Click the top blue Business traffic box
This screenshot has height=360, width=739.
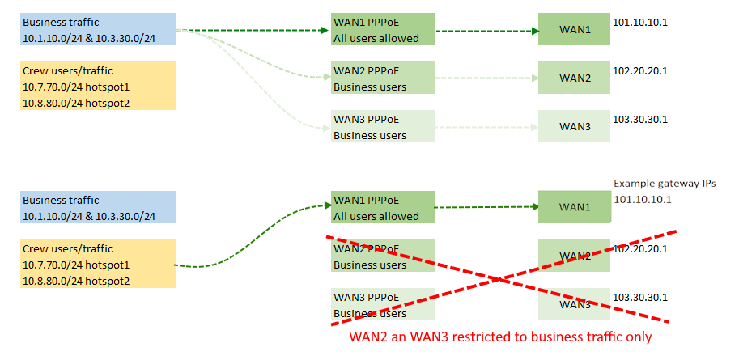coord(98,30)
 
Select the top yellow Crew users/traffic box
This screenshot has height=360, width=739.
coord(98,86)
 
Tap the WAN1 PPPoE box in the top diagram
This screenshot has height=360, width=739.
coord(383,30)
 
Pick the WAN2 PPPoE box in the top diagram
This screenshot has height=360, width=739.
coord(383,78)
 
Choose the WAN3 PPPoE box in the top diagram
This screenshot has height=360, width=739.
coord(383,126)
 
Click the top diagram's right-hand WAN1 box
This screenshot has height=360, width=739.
coord(575,30)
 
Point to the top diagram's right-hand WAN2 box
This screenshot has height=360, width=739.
coord(575,78)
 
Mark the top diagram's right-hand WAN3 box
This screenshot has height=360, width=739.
coord(575,126)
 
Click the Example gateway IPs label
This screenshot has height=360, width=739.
coord(665,184)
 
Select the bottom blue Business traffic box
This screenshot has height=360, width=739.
coord(98,208)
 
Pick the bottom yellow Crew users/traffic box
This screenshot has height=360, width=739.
coord(98,264)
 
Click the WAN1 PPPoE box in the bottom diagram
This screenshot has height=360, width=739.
coord(383,208)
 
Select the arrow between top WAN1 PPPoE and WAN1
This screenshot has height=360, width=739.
coord(486,32)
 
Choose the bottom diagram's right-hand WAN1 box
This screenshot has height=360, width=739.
coord(575,208)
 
